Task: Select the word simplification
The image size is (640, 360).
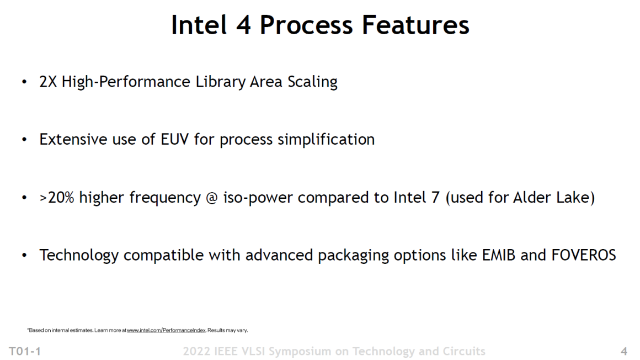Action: [x=326, y=140]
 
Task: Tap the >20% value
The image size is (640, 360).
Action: [x=57, y=197]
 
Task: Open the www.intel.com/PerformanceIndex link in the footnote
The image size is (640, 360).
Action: [x=166, y=330]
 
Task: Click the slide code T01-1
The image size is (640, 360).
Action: [x=24, y=351]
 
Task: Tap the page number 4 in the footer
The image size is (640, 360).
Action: [x=624, y=351]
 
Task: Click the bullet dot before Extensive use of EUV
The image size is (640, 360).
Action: [x=24, y=140]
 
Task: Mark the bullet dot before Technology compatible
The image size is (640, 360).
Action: [x=24, y=256]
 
